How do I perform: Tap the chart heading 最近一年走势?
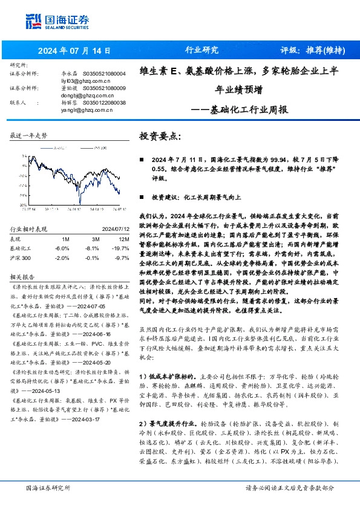click(x=28, y=136)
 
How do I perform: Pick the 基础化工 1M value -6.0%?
click(x=61, y=248)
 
